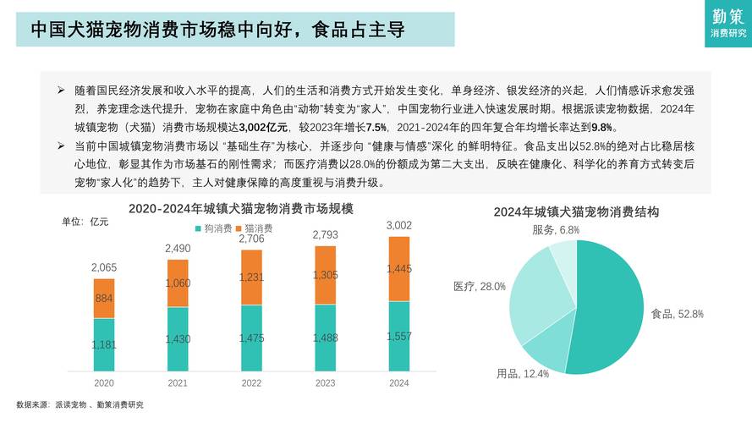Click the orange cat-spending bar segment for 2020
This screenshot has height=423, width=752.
click(x=104, y=299)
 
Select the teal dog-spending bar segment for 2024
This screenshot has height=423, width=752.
click(x=398, y=337)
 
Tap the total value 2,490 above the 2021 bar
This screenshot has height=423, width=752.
click(x=178, y=249)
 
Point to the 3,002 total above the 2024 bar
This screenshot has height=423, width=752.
click(x=398, y=225)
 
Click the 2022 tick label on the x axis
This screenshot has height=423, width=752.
click(x=251, y=383)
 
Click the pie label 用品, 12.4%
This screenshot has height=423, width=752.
click(x=523, y=373)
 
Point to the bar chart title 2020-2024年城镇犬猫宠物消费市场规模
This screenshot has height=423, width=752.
click(x=240, y=208)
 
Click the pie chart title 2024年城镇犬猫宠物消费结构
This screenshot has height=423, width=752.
click(x=576, y=211)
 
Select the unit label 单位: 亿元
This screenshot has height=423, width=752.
click(x=85, y=222)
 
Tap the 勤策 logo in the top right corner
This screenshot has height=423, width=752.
click(x=728, y=23)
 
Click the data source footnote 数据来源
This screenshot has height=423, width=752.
click(x=80, y=404)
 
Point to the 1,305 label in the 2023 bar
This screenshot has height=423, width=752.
click(x=325, y=275)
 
